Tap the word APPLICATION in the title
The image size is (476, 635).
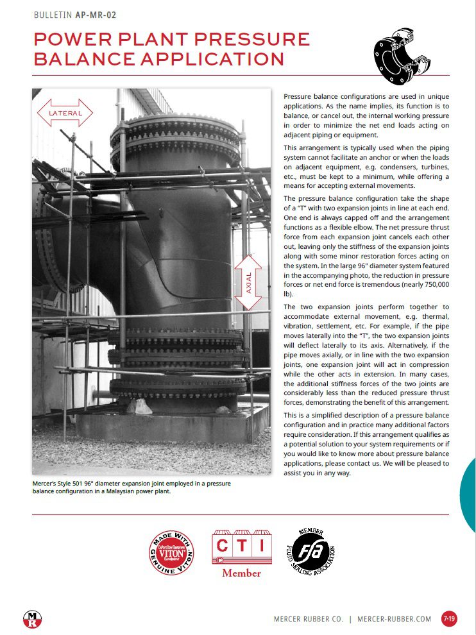tap(219, 59)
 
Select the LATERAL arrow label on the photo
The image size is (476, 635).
tap(65, 114)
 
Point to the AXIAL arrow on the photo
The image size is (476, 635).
tap(248, 282)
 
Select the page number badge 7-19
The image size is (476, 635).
tap(449, 619)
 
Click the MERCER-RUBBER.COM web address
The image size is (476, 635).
tap(395, 619)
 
